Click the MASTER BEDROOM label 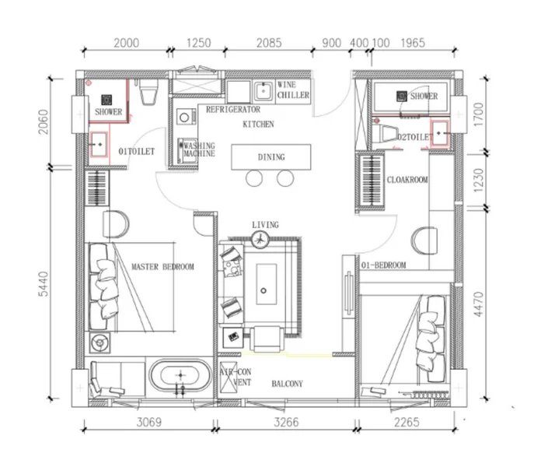[x=162, y=267]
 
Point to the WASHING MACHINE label [x=199, y=149]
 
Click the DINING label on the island [x=270, y=157]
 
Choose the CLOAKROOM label [x=407, y=179]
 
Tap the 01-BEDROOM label [x=384, y=265]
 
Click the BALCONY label [x=287, y=384]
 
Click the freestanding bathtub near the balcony [x=179, y=379]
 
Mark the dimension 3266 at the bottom [x=288, y=445]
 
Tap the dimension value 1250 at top [x=200, y=44]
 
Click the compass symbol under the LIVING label [x=265, y=241]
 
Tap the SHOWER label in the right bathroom [x=424, y=97]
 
